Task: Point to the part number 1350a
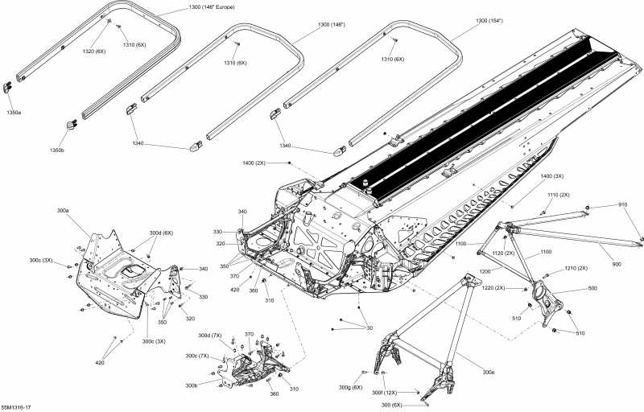pyautogui.click(x=14, y=113)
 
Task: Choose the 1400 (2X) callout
pyautogui.click(x=254, y=163)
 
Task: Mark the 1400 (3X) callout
pyautogui.click(x=551, y=175)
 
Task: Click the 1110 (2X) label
pyautogui.click(x=558, y=195)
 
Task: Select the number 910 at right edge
pyautogui.click(x=623, y=204)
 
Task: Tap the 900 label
pyautogui.click(x=617, y=264)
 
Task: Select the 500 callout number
pyautogui.click(x=592, y=288)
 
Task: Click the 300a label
pyautogui.click(x=63, y=210)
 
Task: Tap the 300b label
pyautogui.click(x=191, y=385)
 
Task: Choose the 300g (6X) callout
pyautogui.click(x=349, y=372)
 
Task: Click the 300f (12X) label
pyautogui.click(x=384, y=392)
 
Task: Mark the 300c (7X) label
pyautogui.click(x=197, y=356)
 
